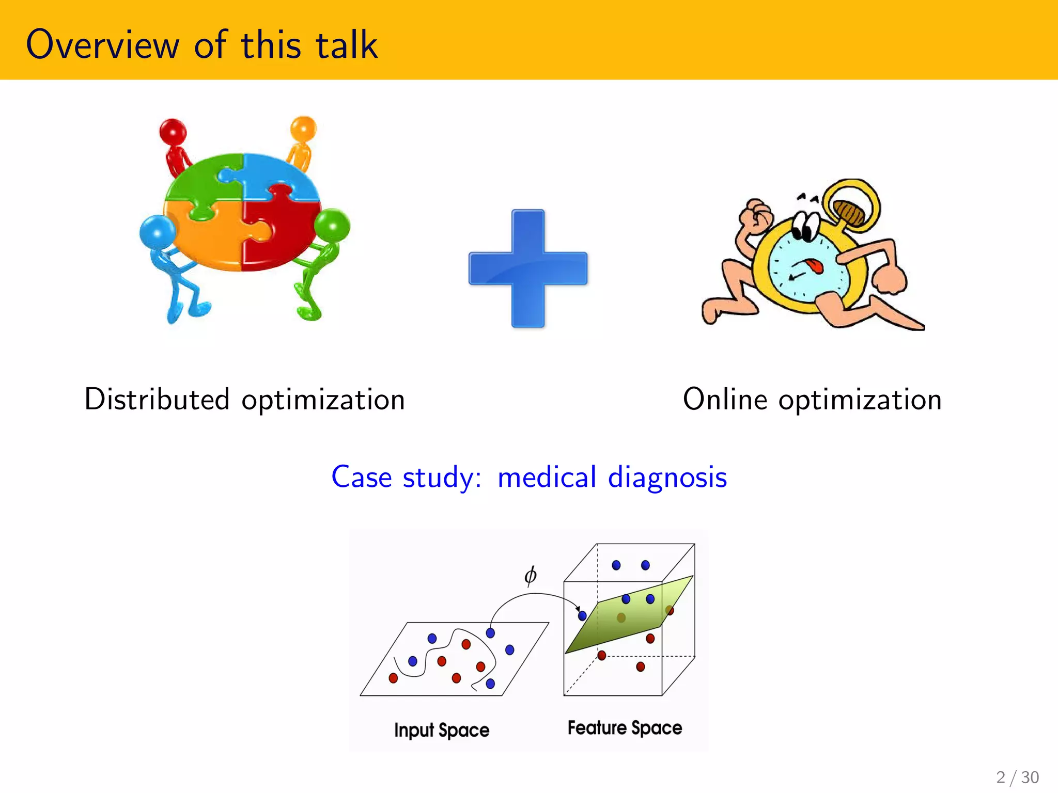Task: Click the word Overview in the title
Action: [102, 45]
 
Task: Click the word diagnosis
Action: [667, 478]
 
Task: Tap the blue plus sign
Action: [528, 268]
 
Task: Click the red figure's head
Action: [173, 131]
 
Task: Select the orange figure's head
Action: [303, 128]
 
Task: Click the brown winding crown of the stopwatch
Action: [850, 212]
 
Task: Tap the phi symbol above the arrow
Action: [530, 575]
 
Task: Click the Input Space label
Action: [442, 730]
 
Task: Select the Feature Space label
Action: [625, 728]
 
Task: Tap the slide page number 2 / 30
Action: [1017, 777]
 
